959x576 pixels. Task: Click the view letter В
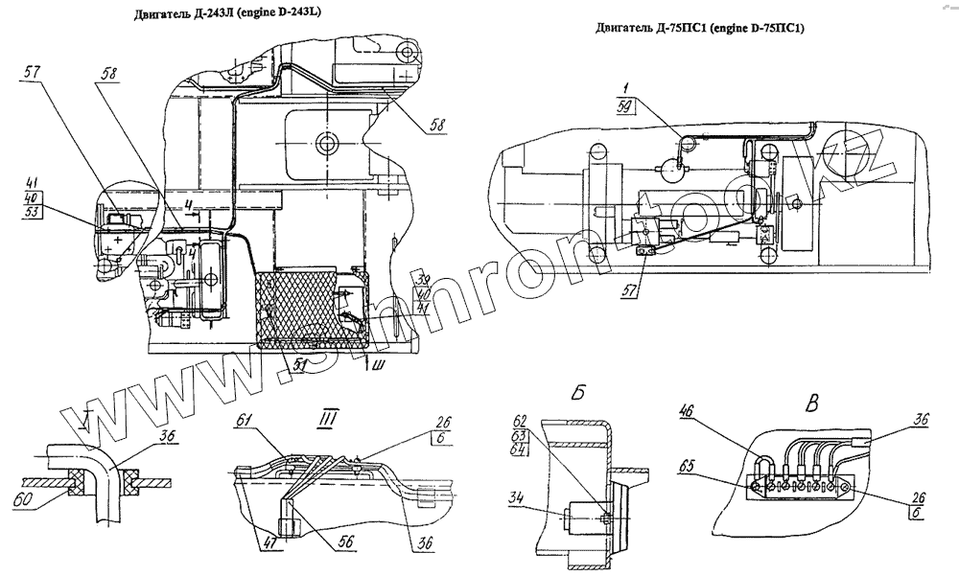click(x=811, y=403)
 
